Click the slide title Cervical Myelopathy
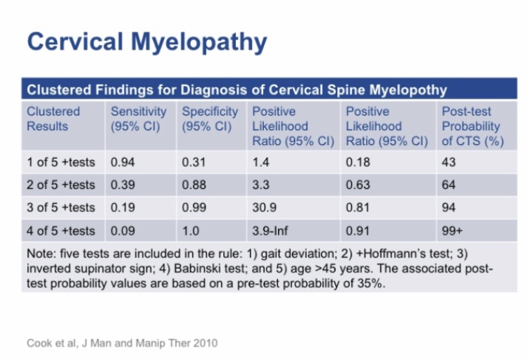click(x=146, y=42)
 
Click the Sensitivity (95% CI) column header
click(x=138, y=119)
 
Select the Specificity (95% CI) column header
click(x=210, y=119)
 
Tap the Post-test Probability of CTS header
click(x=470, y=126)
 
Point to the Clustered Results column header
click(x=54, y=119)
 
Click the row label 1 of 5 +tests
click(x=61, y=162)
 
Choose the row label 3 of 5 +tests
click(x=61, y=207)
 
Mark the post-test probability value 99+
click(x=452, y=230)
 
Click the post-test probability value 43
click(x=448, y=162)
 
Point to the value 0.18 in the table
click(x=358, y=162)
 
